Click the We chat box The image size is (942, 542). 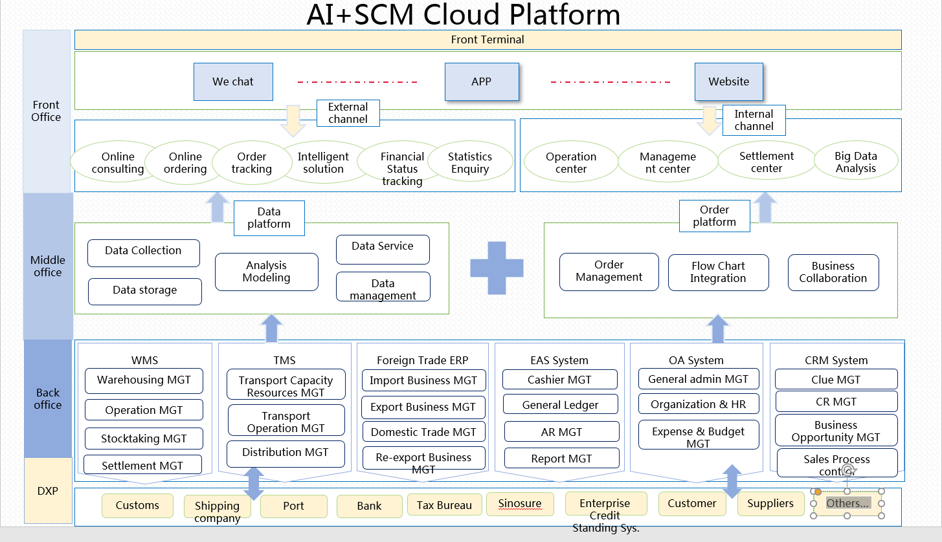(x=233, y=81)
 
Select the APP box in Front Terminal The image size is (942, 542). (x=482, y=81)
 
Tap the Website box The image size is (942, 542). (x=728, y=81)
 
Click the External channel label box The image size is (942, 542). (x=348, y=113)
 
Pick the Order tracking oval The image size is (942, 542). (x=252, y=163)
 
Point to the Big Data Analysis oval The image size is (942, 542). (x=855, y=162)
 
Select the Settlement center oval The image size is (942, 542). (x=767, y=162)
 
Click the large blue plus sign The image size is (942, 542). (x=497, y=268)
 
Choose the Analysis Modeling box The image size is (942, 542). (x=266, y=272)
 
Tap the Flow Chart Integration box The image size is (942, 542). (x=718, y=272)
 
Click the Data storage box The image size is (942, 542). (x=144, y=290)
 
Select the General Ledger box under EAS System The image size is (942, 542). (x=560, y=406)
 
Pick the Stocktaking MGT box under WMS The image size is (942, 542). (x=143, y=439)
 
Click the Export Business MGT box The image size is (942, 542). (x=423, y=407)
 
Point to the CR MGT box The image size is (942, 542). (x=836, y=402)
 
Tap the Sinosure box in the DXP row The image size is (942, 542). (x=520, y=504)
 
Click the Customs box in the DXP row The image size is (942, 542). (x=137, y=506)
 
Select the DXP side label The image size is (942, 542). (x=48, y=491)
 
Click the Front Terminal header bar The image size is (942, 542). (x=488, y=39)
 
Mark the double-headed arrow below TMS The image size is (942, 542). (x=253, y=484)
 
